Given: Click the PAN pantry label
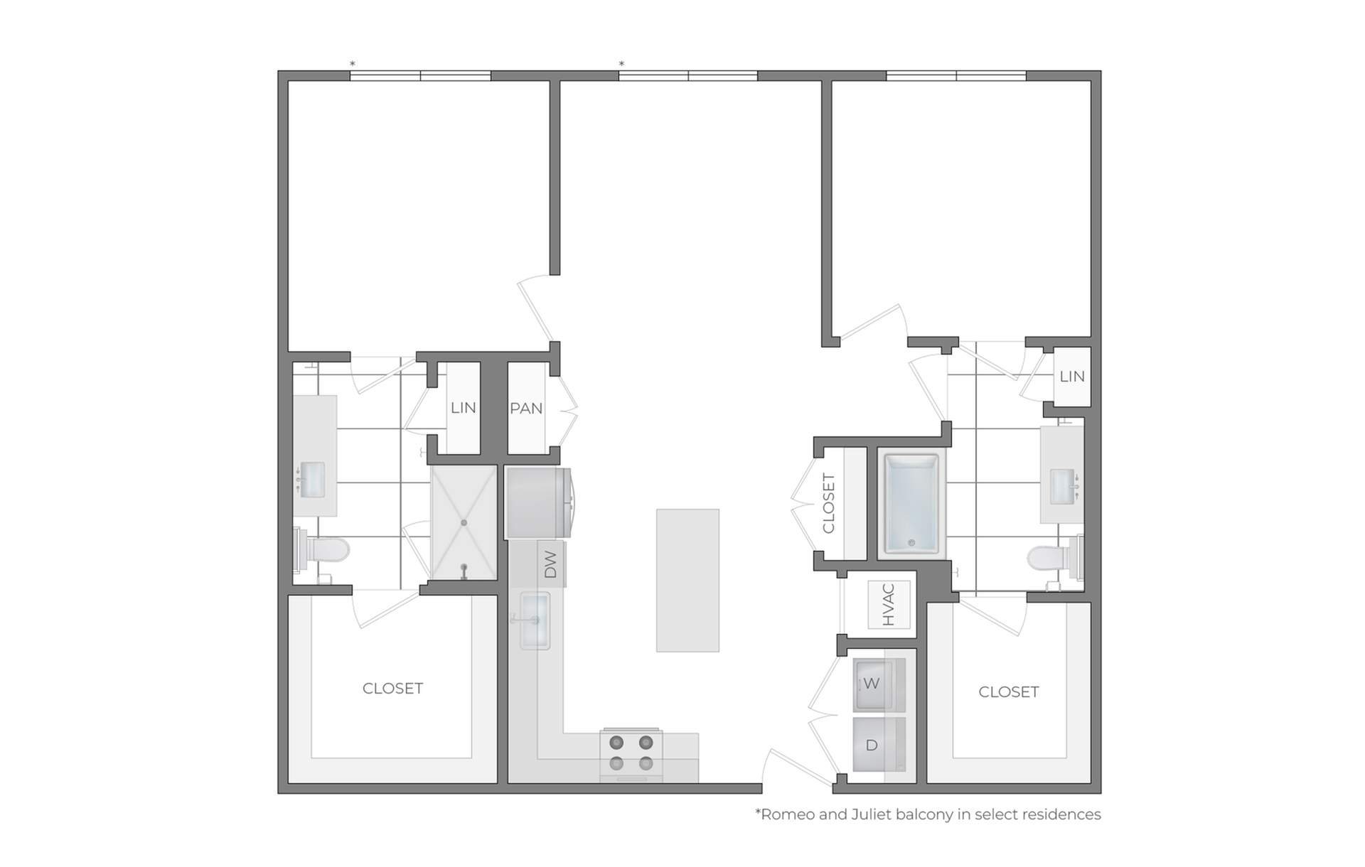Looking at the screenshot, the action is point(526,409).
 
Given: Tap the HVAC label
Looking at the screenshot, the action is point(889,605).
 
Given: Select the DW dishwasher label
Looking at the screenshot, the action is point(550,565).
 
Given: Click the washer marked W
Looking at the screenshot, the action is point(879,684).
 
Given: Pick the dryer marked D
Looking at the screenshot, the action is point(879,745).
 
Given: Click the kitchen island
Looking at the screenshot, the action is point(687,580).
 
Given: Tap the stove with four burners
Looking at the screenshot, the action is point(631,755).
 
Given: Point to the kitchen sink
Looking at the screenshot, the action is point(535,620).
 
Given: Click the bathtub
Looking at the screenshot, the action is point(912,504).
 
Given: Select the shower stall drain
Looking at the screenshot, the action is point(464,523).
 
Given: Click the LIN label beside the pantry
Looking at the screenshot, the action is point(464,408).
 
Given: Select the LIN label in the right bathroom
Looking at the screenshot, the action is point(1072,377).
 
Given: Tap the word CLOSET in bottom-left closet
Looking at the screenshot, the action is point(392,689).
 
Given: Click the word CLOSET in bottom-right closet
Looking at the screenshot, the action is point(1009,692).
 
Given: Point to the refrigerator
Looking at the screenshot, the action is point(538,502).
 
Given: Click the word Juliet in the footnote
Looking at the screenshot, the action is point(871,814).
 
